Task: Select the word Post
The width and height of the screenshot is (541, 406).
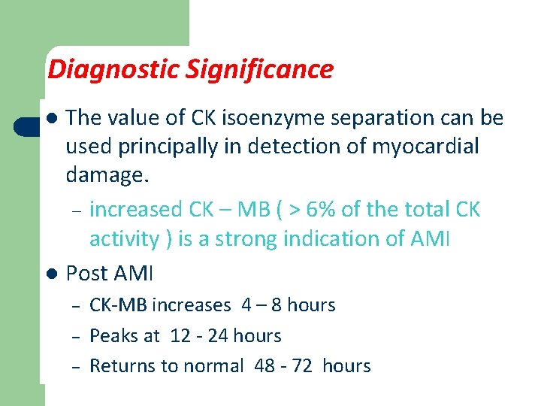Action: pos(87,273)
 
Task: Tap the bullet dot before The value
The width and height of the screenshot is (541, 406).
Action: pos(50,119)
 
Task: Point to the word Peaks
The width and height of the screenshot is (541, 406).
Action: pos(114,336)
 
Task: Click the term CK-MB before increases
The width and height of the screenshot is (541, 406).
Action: pos(118,305)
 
